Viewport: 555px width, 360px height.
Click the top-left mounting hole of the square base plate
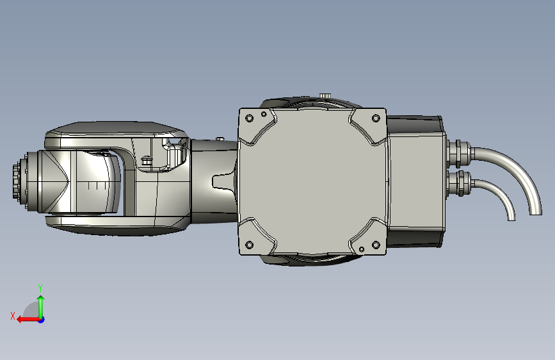click(249, 118)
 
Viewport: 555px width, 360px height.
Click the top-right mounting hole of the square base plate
click(376, 118)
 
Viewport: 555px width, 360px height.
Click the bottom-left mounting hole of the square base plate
click(249, 245)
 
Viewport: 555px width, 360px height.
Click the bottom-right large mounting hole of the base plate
click(376, 245)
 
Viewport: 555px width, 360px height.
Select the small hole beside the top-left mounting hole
click(264, 114)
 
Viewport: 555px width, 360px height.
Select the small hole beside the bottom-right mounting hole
click(362, 249)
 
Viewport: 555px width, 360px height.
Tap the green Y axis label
click(40, 288)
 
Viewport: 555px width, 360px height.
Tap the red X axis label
click(13, 316)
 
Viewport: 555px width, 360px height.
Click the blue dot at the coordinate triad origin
click(42, 320)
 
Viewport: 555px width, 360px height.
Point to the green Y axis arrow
click(41, 306)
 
